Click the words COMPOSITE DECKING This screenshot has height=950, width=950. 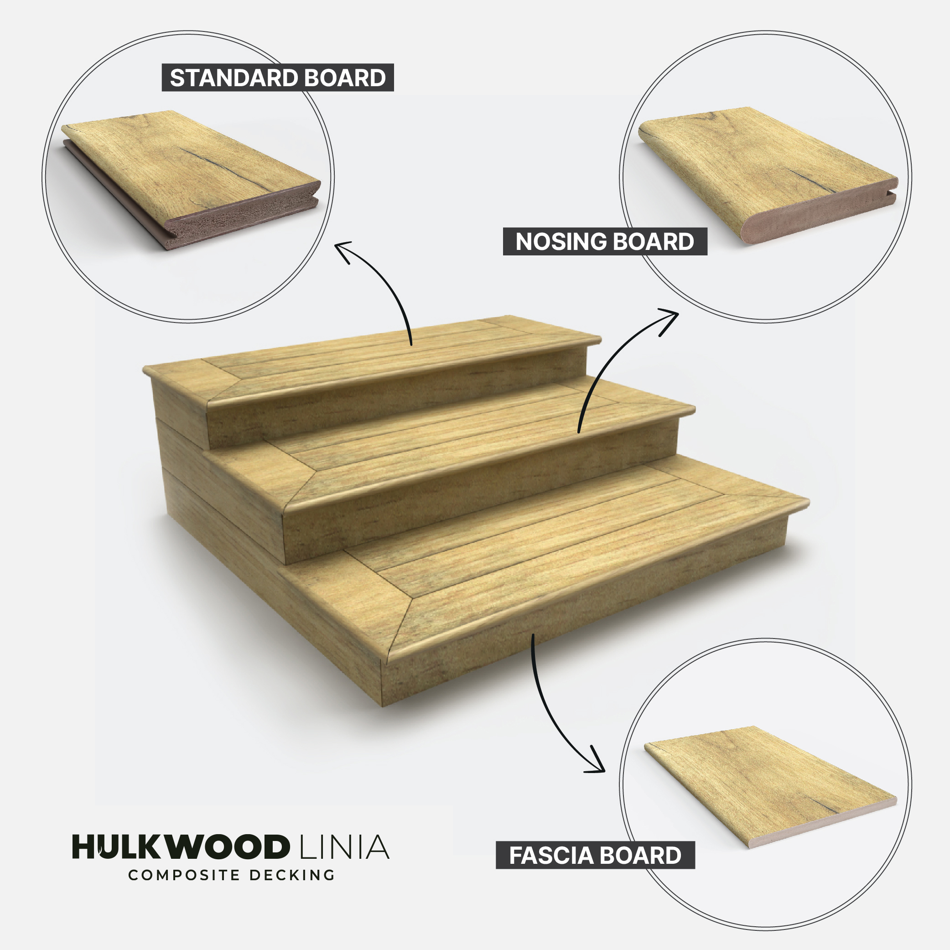click(x=232, y=875)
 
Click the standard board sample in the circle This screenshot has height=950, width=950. click(x=192, y=180)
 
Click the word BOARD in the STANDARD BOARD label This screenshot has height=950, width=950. click(x=345, y=78)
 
